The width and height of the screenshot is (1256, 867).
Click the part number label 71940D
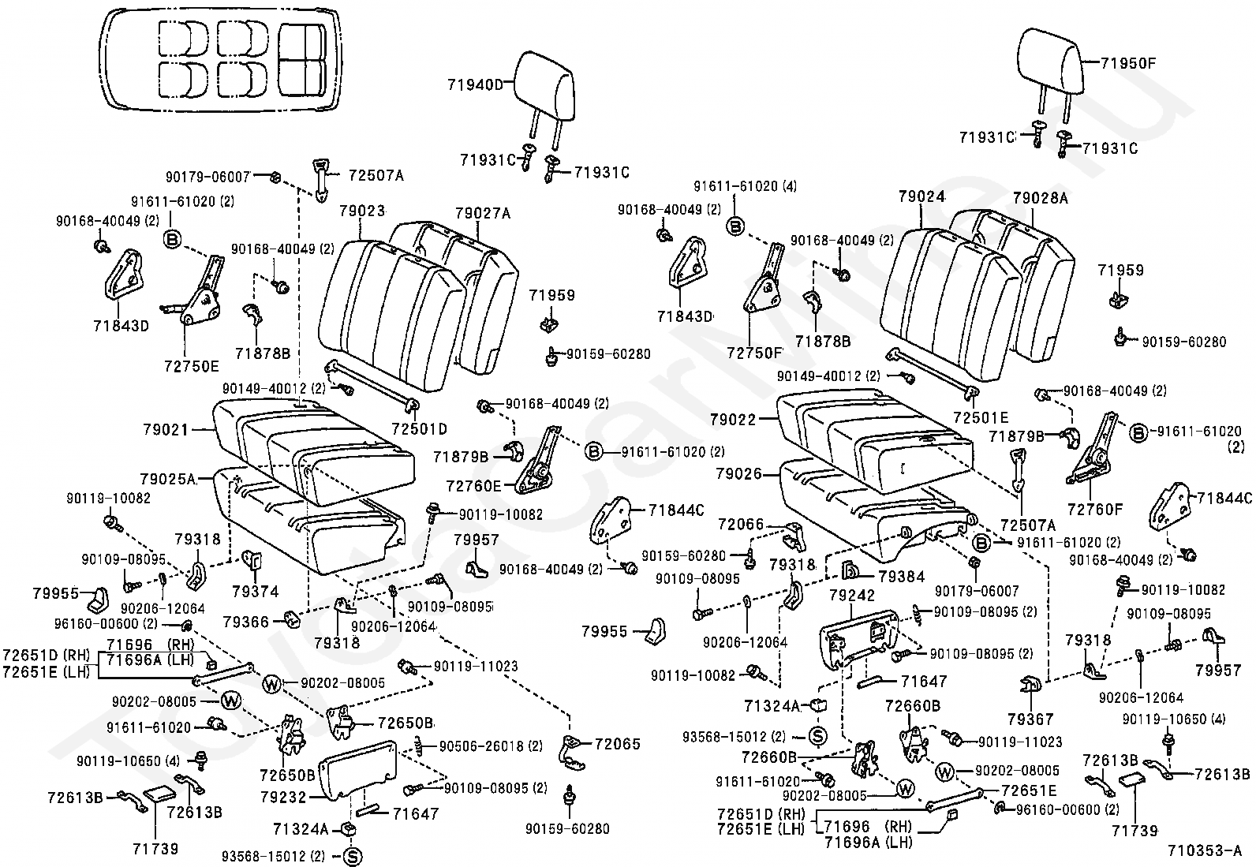[x=475, y=85]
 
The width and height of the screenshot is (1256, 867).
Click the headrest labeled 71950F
[x=1049, y=62]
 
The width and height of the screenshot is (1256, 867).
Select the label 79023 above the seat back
[x=362, y=211]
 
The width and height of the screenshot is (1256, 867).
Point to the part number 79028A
[x=1040, y=198]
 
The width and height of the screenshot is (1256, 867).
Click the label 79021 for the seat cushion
[x=166, y=430]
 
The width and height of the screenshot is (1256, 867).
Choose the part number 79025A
[x=168, y=479]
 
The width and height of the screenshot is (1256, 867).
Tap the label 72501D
[x=420, y=429]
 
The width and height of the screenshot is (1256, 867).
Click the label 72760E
[x=474, y=486]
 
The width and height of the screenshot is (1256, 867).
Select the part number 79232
[x=284, y=797]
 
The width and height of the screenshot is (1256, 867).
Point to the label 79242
[x=852, y=595]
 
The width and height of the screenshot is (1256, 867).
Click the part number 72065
[x=617, y=744]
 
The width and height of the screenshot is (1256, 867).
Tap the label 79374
[x=256, y=591]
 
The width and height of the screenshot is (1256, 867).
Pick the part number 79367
[x=1030, y=719]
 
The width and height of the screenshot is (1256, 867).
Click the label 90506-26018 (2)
[x=491, y=746]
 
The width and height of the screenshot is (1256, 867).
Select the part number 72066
[x=742, y=525]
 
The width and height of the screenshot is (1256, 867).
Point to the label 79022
[x=734, y=420]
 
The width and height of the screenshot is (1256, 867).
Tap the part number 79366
[x=246, y=622]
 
